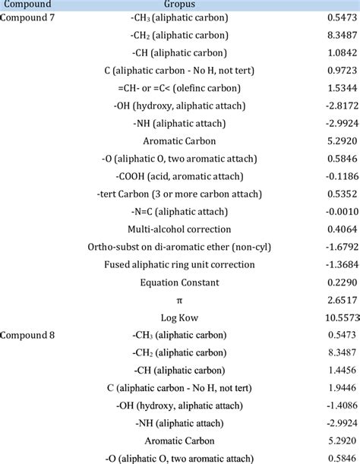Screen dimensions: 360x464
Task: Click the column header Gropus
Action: [x=179, y=5]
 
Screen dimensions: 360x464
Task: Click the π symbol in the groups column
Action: [x=179, y=300]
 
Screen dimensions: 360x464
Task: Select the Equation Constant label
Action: [x=179, y=283]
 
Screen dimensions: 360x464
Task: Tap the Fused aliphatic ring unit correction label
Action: [x=179, y=265]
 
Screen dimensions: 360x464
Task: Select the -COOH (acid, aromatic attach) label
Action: [x=179, y=176]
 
